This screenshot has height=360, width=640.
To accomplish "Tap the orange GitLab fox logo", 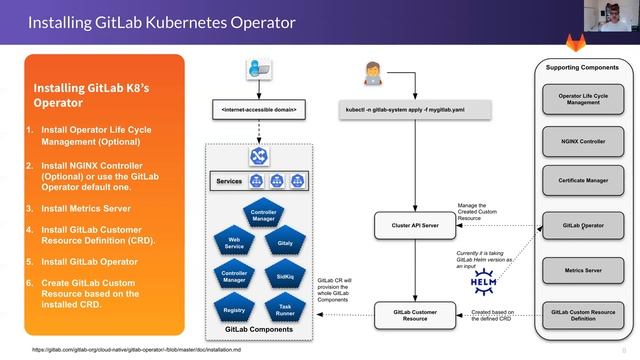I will [604, 39].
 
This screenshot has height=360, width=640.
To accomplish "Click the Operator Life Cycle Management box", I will [585, 98].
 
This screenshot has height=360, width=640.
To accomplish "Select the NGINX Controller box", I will [585, 141].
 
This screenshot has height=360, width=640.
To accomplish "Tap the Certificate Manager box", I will [585, 182].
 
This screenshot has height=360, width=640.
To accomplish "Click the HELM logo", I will [485, 282].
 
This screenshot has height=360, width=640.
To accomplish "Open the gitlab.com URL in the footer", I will [150, 351].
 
